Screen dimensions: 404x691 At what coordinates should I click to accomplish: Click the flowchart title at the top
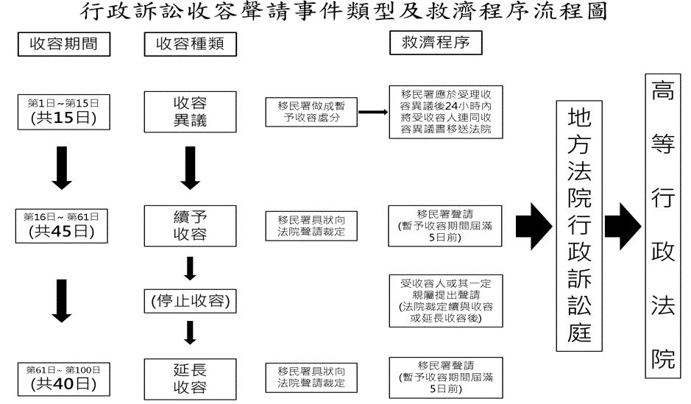[x=345, y=13]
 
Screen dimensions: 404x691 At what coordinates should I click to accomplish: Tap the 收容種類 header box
[x=190, y=44]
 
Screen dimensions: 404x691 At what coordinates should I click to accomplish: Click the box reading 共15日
[x=63, y=111]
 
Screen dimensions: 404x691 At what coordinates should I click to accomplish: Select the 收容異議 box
[x=190, y=111]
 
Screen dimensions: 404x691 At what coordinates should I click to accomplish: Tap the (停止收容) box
[x=190, y=302]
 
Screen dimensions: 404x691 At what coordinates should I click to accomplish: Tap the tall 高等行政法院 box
[x=662, y=224]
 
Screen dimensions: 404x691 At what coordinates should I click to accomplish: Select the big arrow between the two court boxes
[x=621, y=224]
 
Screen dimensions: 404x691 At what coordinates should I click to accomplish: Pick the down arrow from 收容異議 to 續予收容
[x=190, y=169]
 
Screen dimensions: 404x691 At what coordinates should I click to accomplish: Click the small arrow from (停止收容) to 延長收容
[x=190, y=333]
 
